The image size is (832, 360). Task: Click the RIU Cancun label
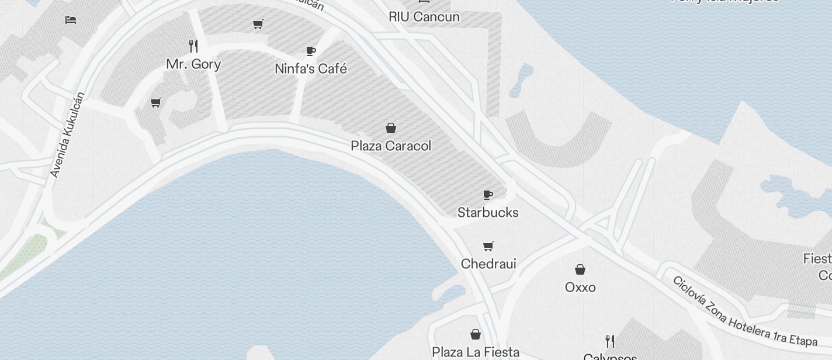(x=424, y=17)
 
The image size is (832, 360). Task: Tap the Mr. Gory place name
(x=193, y=64)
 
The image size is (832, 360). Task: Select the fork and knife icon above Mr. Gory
(x=193, y=46)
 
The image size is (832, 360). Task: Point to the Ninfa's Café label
(x=311, y=69)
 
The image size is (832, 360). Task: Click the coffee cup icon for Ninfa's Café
(x=311, y=51)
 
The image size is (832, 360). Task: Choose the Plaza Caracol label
(x=391, y=146)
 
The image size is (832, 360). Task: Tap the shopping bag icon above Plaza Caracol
(x=391, y=127)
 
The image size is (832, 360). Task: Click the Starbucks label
(x=488, y=212)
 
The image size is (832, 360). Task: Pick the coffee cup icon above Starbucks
(x=488, y=195)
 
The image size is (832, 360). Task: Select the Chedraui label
(x=488, y=264)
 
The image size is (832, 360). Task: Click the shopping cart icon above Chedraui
(x=488, y=246)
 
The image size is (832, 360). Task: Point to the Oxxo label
(x=580, y=287)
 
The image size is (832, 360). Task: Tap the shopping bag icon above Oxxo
(x=580, y=269)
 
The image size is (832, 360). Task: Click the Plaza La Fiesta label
(x=476, y=352)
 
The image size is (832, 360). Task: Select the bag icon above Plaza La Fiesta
(x=476, y=334)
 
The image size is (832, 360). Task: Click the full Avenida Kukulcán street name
(x=68, y=134)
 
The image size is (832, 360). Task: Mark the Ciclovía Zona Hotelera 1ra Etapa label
(x=744, y=310)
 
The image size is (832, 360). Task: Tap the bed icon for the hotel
(x=71, y=19)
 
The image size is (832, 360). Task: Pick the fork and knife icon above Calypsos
(x=610, y=341)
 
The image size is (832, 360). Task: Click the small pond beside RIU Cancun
(x=521, y=79)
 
